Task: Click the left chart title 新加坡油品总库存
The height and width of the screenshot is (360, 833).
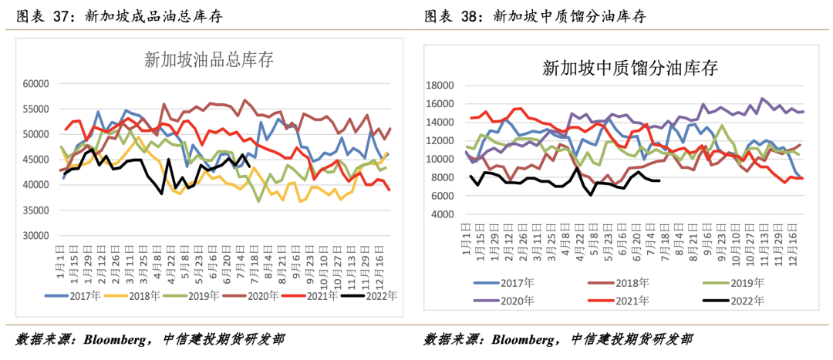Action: click(209, 59)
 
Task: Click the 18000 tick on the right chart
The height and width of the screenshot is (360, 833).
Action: click(440, 86)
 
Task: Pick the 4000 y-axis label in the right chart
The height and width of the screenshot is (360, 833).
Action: click(443, 214)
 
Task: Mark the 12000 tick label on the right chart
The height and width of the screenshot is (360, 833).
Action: click(440, 141)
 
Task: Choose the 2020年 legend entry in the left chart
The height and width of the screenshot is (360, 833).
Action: click(257, 295)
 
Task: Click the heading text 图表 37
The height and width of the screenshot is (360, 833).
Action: click(38, 15)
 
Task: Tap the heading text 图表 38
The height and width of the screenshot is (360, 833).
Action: click(450, 15)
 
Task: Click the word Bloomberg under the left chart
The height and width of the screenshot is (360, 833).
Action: click(118, 339)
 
